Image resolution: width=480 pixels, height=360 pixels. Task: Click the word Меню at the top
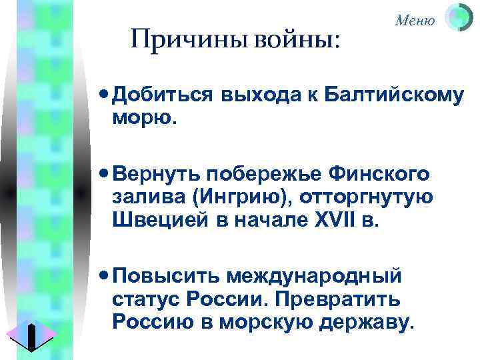point(415,20)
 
